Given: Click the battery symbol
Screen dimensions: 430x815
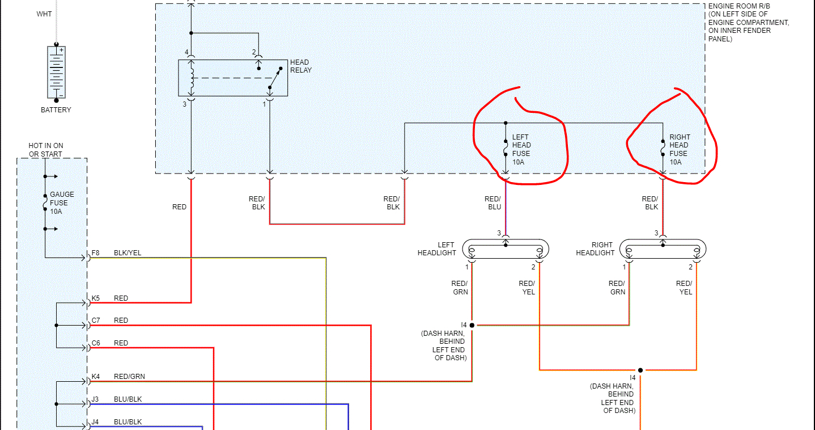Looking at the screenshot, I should [x=56, y=72].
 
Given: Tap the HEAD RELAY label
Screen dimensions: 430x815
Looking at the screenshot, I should [x=300, y=66].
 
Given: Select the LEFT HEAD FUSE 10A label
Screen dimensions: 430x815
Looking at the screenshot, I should [x=521, y=149].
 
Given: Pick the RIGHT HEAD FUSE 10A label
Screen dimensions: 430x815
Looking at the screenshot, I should [x=679, y=149].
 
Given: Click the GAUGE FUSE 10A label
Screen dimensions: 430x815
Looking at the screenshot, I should [x=62, y=203].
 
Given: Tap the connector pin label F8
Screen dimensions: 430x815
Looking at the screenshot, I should [x=96, y=253].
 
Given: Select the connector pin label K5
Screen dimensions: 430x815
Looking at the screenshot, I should [x=96, y=298].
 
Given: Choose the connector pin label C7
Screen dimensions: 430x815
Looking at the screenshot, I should [x=96, y=321].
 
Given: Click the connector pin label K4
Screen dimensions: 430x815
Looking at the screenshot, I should [x=96, y=376].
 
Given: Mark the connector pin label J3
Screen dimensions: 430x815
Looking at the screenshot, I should [x=95, y=399].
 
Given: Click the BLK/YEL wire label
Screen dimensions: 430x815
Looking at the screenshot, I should [x=128, y=253].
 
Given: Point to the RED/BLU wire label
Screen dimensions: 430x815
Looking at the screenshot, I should [x=493, y=203].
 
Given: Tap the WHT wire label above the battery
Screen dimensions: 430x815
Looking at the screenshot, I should [x=44, y=14].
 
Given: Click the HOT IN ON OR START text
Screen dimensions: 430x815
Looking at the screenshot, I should [x=46, y=150].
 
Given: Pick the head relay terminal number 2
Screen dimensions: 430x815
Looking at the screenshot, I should [x=254, y=52].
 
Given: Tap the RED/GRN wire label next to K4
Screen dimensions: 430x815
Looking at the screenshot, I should [x=129, y=376].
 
